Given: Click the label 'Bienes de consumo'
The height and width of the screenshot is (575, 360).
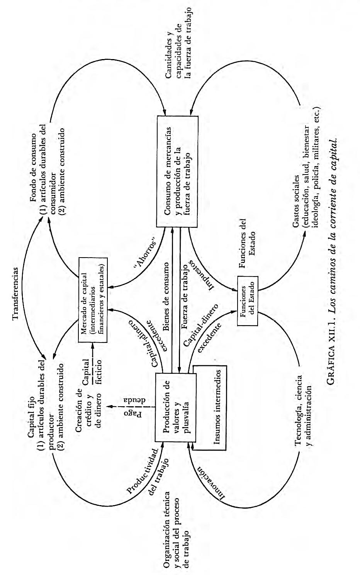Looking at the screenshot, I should click(166, 297).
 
